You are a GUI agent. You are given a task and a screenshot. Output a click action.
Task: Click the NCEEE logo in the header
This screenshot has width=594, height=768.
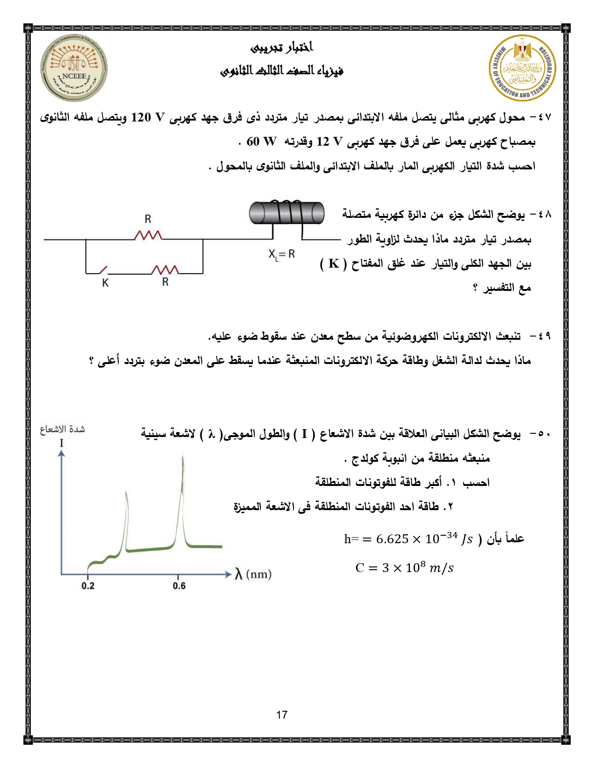(74, 68)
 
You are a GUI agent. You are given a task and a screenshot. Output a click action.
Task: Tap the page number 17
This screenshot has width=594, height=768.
(282, 715)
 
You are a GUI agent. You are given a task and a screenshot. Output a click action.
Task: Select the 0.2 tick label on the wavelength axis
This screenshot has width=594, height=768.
(88, 586)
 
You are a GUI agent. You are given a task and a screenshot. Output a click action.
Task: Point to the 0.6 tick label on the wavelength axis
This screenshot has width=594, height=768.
(179, 586)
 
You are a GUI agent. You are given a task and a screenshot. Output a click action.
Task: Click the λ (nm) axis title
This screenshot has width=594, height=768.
(253, 574)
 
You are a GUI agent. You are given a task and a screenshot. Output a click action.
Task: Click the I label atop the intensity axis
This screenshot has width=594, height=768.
(61, 443)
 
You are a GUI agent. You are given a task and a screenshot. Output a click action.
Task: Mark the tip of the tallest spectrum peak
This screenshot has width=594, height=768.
(183, 457)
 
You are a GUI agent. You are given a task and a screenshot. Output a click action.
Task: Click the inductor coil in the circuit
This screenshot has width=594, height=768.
(287, 213)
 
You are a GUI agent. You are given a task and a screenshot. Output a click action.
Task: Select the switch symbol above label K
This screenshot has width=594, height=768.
(102, 270)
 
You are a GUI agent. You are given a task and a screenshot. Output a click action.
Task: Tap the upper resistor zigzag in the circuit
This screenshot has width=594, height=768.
(148, 236)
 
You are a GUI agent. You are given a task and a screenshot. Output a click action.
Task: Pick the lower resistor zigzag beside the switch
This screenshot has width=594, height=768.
(165, 270)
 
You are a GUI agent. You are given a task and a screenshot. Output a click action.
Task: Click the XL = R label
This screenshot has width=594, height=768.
(281, 254)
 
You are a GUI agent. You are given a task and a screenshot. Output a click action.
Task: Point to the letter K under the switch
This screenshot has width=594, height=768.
(105, 283)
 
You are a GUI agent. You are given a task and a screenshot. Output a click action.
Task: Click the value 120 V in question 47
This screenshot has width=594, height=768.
(148, 117)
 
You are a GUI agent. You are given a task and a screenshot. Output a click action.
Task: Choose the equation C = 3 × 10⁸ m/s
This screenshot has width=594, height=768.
(404, 568)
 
